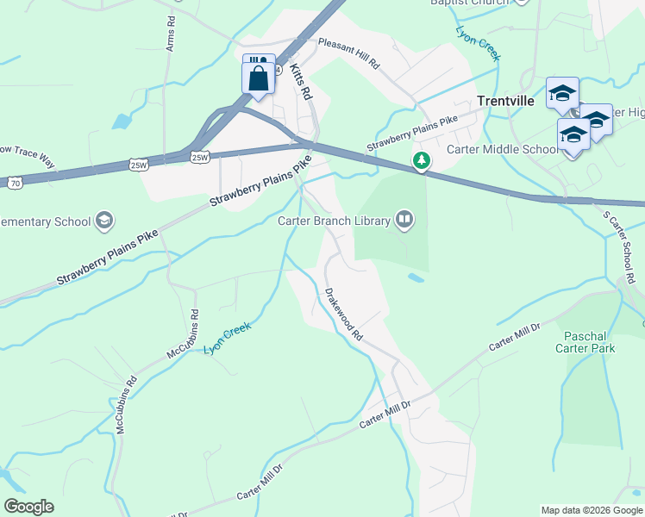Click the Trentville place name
pyautogui.click(x=506, y=101)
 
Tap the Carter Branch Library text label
pyautogui.click(x=333, y=221)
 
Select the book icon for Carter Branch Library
pyautogui.click(x=404, y=221)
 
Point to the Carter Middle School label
pyautogui.click(x=502, y=149)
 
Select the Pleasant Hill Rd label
pyautogui.click(x=348, y=53)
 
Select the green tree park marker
pyautogui.click(x=421, y=160)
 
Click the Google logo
pyautogui.click(x=28, y=507)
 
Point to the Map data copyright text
pyautogui.click(x=591, y=510)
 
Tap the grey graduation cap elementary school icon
pyautogui.click(x=104, y=221)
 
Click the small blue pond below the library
pyautogui.click(x=416, y=278)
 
